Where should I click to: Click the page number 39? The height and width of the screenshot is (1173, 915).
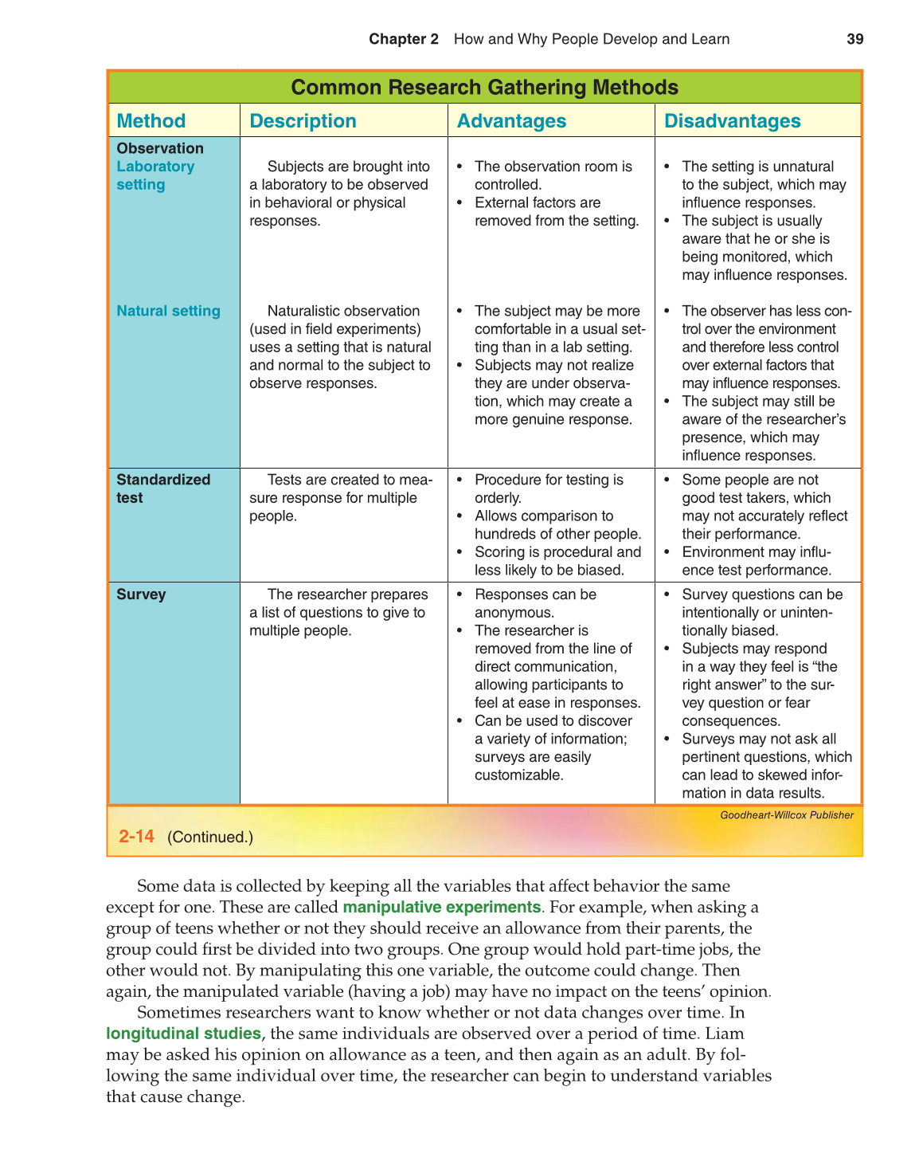[854, 39]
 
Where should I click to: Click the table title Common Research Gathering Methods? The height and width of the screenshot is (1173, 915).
[484, 87]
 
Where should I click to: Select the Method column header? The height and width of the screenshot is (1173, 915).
[151, 121]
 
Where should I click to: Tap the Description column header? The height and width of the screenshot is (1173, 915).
[303, 121]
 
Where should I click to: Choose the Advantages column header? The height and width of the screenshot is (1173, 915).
[511, 121]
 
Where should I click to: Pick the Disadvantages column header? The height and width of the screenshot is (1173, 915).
[732, 121]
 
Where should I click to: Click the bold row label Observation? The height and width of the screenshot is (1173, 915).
[159, 148]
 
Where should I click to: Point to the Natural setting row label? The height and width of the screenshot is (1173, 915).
[168, 311]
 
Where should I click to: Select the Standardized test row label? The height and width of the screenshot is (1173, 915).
[163, 488]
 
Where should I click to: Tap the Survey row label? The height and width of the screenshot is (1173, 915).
[141, 594]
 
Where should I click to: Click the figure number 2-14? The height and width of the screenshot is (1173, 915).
[136, 836]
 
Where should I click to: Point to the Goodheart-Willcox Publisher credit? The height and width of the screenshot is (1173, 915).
[786, 815]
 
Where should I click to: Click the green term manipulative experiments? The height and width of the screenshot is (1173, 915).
[441, 907]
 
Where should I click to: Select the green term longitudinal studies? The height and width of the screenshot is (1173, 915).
[183, 1034]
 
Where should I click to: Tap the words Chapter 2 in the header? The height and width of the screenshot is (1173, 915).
[403, 39]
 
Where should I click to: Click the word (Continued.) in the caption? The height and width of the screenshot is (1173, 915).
[210, 837]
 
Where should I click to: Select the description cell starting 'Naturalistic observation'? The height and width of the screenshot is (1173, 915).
[341, 347]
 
